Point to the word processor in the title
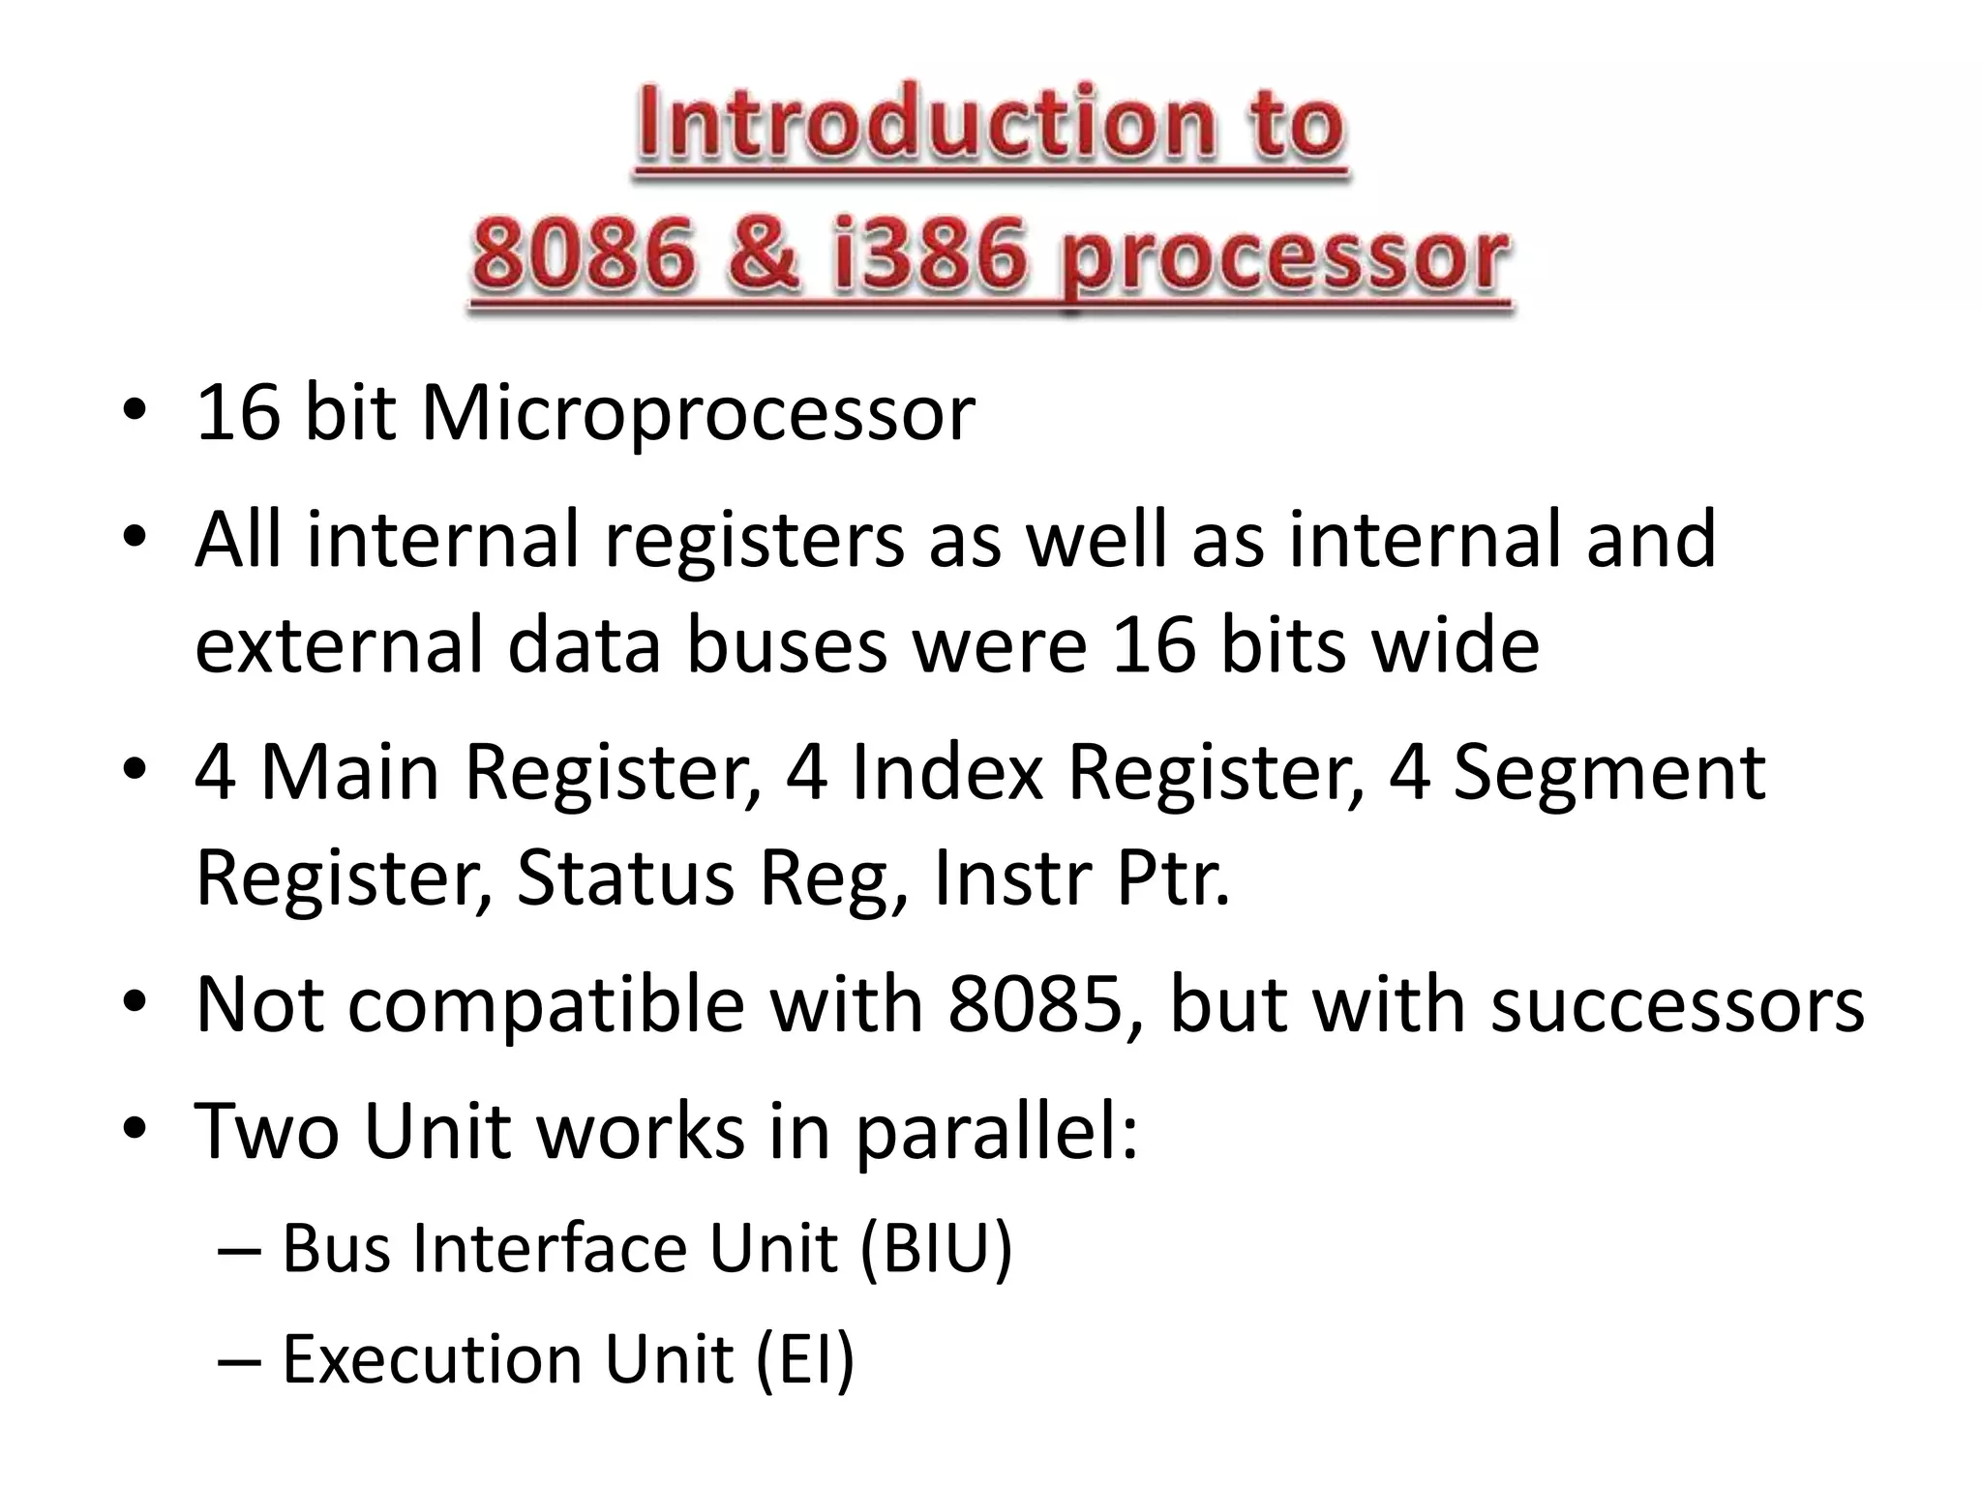point(1283,259)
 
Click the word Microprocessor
point(698,414)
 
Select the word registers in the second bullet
point(754,540)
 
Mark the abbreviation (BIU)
point(935,1249)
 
